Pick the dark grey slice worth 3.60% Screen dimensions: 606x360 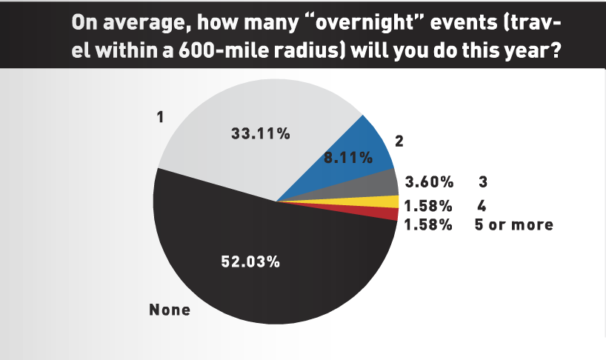click(x=371, y=185)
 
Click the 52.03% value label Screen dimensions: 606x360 click(x=250, y=262)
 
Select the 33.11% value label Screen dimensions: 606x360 click(x=261, y=133)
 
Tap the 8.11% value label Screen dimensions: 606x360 click(x=348, y=158)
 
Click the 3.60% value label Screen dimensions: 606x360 click(x=429, y=181)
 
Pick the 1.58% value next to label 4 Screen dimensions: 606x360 click(x=428, y=206)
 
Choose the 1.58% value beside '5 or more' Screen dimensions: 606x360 click(x=428, y=224)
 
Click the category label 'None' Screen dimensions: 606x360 click(x=170, y=310)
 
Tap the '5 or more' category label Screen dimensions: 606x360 click(x=513, y=224)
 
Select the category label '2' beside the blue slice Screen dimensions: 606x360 click(x=399, y=141)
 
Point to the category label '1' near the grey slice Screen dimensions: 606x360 click(x=160, y=116)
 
